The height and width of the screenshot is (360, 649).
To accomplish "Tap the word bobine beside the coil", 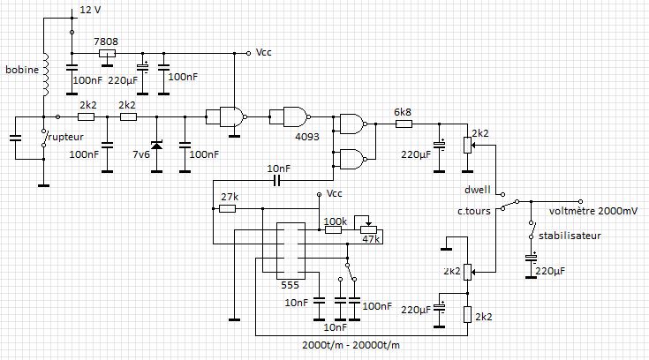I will click(x=20, y=69).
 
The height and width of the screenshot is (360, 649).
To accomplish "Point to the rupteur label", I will click(x=66, y=137).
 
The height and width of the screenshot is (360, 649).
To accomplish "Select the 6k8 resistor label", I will click(x=403, y=111).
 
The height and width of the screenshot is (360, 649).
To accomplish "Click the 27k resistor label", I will click(x=229, y=196).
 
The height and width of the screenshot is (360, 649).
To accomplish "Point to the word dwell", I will click(x=477, y=190).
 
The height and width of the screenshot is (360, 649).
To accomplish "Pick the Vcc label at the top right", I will click(x=264, y=52).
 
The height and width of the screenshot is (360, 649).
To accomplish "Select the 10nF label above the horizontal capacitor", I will click(x=279, y=168).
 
